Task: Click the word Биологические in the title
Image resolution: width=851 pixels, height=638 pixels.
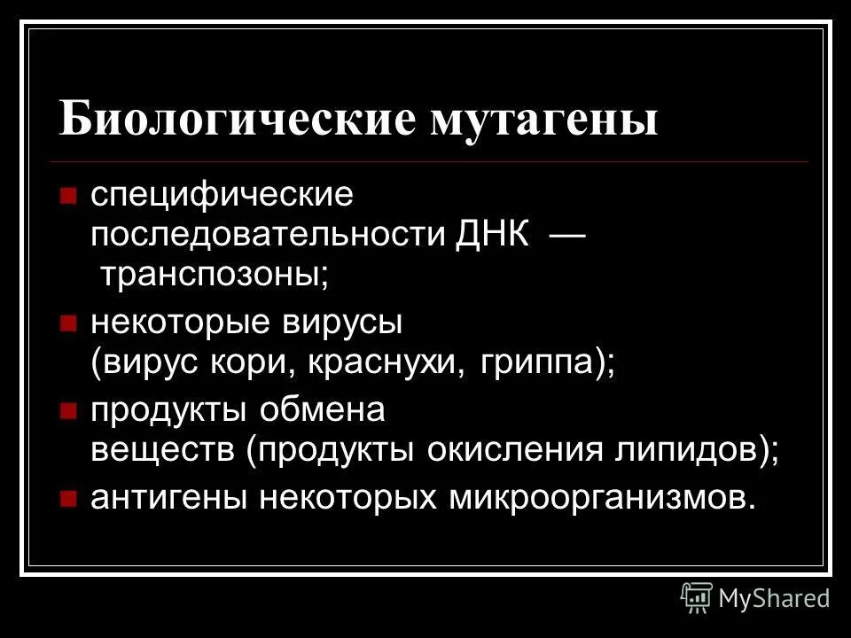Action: click(238, 118)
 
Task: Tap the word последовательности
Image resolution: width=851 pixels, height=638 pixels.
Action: click(268, 236)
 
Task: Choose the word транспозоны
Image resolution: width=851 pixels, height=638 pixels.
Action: click(214, 276)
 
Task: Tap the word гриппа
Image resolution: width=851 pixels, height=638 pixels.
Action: click(543, 364)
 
